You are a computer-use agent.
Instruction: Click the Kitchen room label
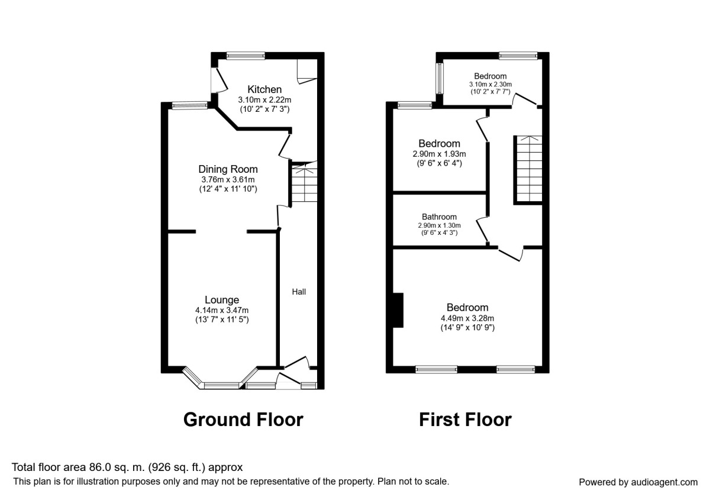[264, 89]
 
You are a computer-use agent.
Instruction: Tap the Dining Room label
[228, 169]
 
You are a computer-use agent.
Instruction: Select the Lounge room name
[222, 300]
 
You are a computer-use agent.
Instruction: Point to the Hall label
[299, 292]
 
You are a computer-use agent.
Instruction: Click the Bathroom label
[439, 217]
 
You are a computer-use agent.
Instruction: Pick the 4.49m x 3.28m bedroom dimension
[467, 318]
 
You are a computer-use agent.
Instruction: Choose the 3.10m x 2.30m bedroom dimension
[490, 84]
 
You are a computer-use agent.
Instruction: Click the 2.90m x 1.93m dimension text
[439, 154]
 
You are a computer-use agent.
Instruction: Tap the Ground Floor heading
[243, 419]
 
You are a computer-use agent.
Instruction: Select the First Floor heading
[465, 419]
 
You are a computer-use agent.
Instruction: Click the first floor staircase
[529, 169]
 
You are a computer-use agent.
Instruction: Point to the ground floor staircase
[304, 182]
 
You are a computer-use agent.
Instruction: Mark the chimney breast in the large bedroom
[398, 310]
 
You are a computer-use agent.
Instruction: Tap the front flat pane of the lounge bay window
[221, 385]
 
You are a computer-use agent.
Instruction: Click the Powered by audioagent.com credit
[638, 482]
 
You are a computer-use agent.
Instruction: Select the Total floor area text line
[127, 467]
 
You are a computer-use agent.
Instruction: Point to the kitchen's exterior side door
[220, 80]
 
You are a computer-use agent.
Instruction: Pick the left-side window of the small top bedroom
[440, 79]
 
